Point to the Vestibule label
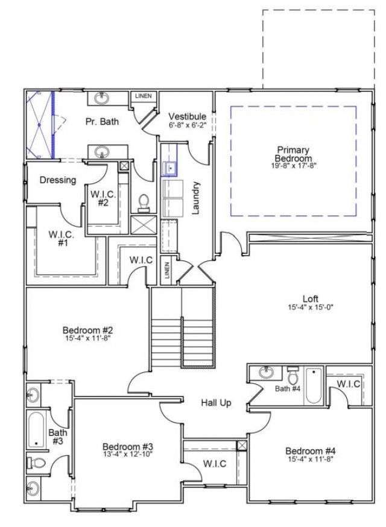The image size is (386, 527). pos(187,116)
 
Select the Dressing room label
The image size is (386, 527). pos(58,180)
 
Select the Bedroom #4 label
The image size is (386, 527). pos(310,451)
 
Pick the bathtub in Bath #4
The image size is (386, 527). pos(314,386)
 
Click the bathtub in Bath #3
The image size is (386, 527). pos(37,429)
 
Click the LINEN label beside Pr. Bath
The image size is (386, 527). pos(143,96)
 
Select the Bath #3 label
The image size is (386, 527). pos(58,437)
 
